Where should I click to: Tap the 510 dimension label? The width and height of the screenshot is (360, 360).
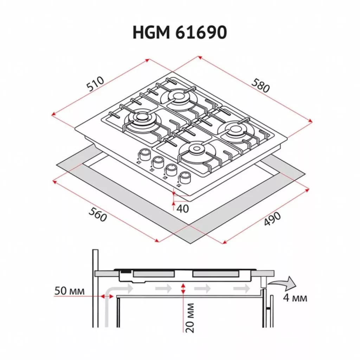coord(95,84)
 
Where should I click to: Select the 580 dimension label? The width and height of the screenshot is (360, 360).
coord(261,85)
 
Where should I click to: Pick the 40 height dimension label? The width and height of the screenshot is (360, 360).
coord(183,208)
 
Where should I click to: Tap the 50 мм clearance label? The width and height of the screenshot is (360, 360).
coord(70,291)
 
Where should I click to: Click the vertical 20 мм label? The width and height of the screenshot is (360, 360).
coord(190,318)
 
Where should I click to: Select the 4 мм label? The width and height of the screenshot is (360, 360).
coord(295,298)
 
